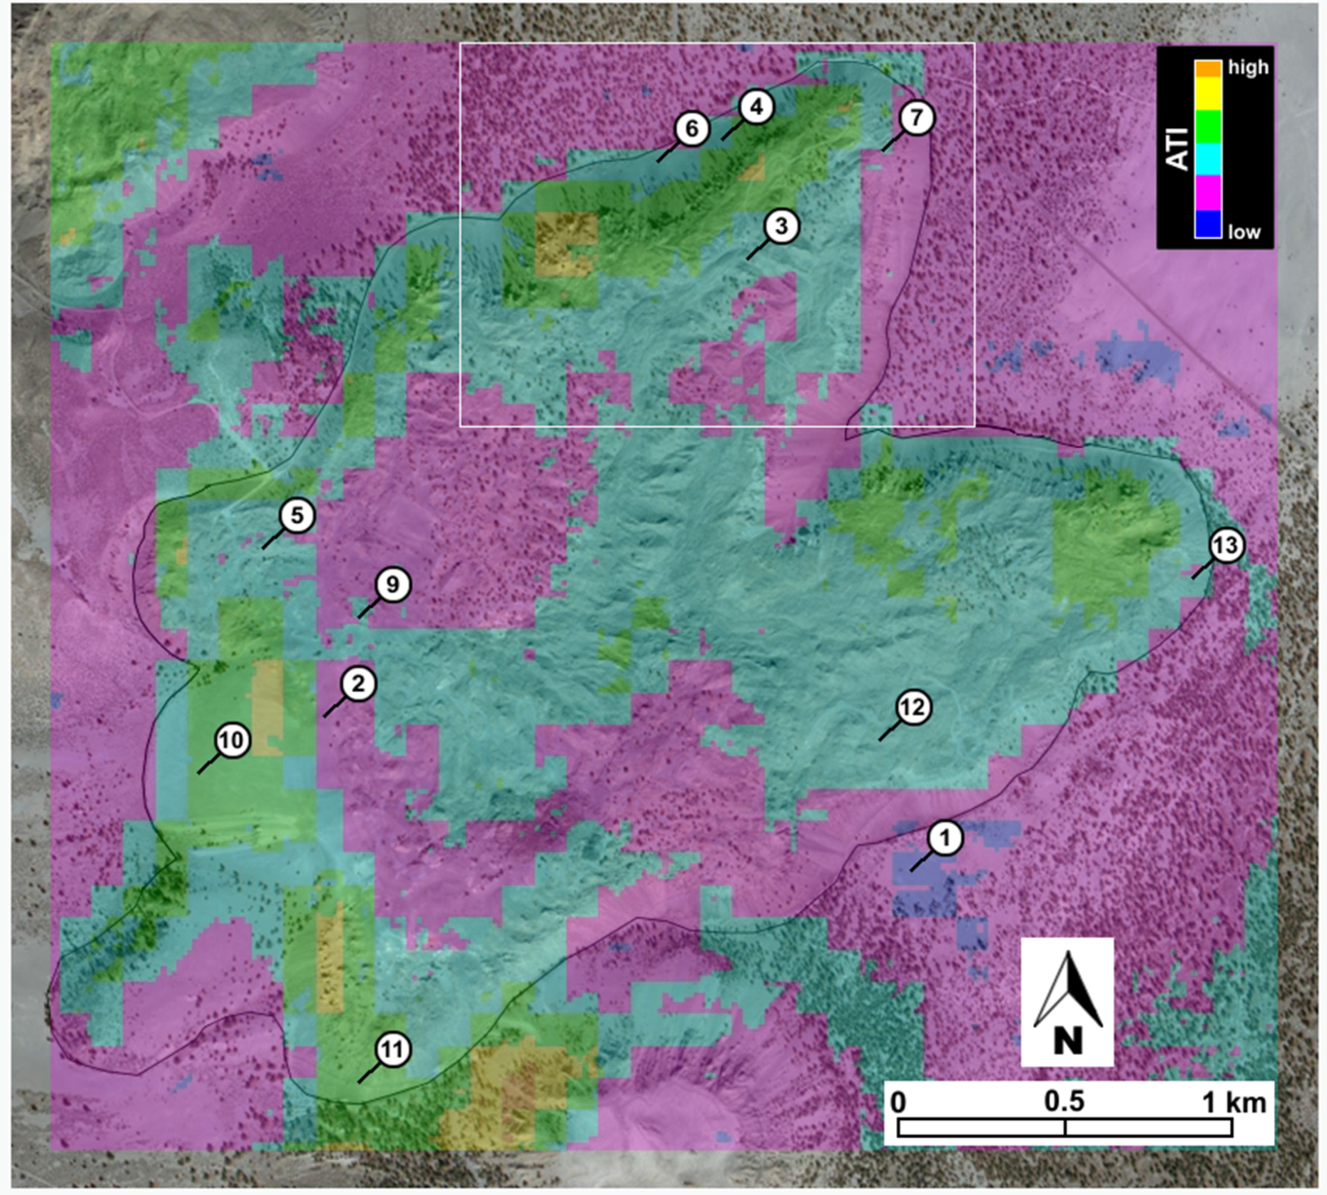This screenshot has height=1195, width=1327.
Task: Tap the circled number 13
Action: coord(1225,546)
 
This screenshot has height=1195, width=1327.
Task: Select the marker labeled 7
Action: coord(916,118)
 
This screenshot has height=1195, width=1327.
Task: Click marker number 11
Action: coord(393,1050)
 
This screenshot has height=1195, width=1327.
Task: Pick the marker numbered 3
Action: coord(781,226)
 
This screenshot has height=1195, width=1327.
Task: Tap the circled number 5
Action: coord(297,516)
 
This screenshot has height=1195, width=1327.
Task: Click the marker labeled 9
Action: coord(392,585)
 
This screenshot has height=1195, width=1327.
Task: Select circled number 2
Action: coord(358,685)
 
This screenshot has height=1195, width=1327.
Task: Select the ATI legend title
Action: coord(1179,150)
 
